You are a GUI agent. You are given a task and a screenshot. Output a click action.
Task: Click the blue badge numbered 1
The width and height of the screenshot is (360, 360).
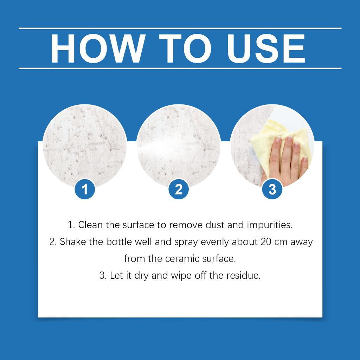click(85, 189)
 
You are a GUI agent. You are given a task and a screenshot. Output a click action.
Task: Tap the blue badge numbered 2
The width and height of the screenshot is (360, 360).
click(179, 189)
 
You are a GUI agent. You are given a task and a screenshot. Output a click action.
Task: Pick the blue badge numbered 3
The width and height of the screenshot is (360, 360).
click(272, 189)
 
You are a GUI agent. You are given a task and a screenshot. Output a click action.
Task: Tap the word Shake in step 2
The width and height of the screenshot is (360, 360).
click(71, 242)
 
